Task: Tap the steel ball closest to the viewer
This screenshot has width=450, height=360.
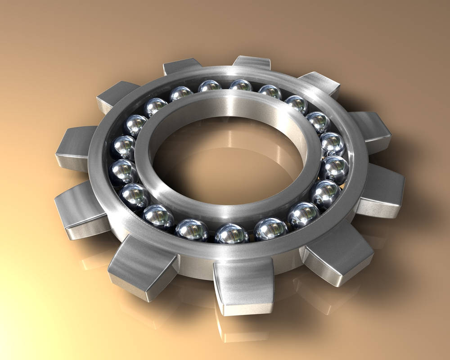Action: (231, 234)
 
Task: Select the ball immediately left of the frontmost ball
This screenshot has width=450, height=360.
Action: (192, 229)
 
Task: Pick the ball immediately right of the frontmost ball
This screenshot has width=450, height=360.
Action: (270, 229)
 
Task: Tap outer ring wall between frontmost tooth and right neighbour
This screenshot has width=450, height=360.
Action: (288, 265)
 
